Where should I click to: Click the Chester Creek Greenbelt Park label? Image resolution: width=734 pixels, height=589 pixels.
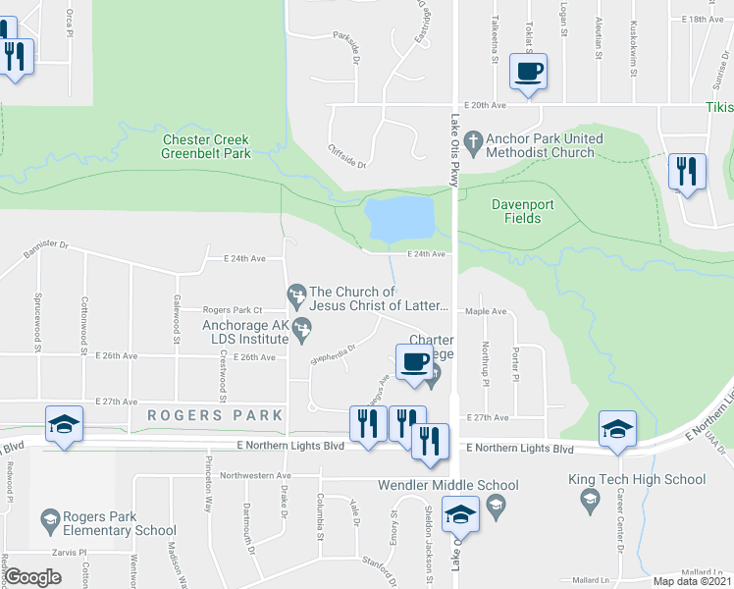pyautogui.click(x=207, y=146)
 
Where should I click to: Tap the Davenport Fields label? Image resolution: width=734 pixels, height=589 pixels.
pyautogui.click(x=515, y=211)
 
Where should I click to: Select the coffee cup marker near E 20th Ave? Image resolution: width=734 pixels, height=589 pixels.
pyautogui.click(x=528, y=73)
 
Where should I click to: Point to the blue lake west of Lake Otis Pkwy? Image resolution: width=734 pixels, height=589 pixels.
pyautogui.click(x=398, y=218)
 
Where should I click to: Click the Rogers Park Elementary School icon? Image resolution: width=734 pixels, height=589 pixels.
pyautogui.click(x=48, y=517)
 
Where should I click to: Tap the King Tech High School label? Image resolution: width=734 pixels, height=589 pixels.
pyautogui.click(x=636, y=479)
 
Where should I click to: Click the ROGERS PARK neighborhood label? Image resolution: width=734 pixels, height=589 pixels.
pyautogui.click(x=215, y=415)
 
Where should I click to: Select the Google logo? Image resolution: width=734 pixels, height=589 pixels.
pyautogui.click(x=32, y=578)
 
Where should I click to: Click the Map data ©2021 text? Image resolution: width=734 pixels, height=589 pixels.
pyautogui.click(x=691, y=581)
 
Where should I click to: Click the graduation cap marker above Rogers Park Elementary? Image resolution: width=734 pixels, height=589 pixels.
pyautogui.click(x=65, y=425)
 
